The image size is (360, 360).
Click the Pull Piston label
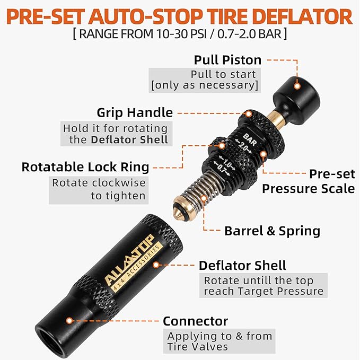tap(228, 59)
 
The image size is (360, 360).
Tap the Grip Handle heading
tap(135, 112)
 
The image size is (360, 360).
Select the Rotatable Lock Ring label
tap(85, 167)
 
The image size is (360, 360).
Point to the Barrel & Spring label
tap(273, 231)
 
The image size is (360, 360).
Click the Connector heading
tap(195, 321)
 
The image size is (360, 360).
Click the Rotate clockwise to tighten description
tap(99, 189)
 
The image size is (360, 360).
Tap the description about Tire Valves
tap(219, 341)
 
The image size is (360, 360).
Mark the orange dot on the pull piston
tap(297, 85)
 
